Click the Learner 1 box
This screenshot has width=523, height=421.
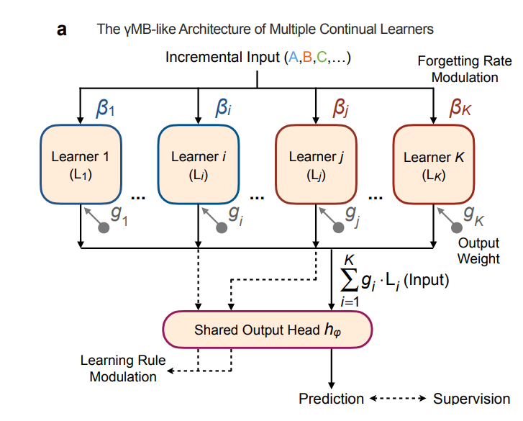[x=81, y=164]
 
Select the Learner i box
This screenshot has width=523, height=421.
[x=199, y=164]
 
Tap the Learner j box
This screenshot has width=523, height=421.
[x=317, y=164]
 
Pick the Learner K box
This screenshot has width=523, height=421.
[x=434, y=164]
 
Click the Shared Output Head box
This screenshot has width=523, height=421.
[x=268, y=330]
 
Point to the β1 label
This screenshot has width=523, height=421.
[x=106, y=108]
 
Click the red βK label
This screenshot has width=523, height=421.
[x=460, y=108]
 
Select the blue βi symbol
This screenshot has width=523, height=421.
[x=224, y=108]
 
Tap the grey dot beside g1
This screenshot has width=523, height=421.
[x=104, y=228]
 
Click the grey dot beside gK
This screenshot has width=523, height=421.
[x=457, y=228]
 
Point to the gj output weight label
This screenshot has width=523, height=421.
[x=353, y=215]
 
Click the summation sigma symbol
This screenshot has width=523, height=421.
[x=349, y=279]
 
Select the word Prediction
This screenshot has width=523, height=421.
[x=331, y=399]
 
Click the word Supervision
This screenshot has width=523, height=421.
[x=472, y=399]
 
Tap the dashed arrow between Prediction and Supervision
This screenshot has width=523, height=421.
[x=398, y=398]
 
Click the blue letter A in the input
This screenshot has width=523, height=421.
[x=294, y=57]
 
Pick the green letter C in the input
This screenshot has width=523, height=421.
[x=322, y=57]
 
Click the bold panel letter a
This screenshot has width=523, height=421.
[x=62, y=30]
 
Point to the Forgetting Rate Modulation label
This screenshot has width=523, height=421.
[x=465, y=69]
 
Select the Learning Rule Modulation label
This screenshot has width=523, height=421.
[x=123, y=368]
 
